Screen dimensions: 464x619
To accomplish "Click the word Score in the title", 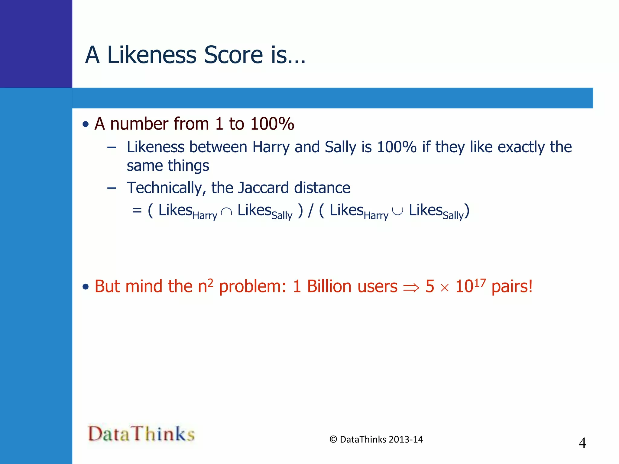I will click(233, 55).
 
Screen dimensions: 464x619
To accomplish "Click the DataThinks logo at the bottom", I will click(141, 433).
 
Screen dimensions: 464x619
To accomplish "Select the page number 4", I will click(582, 443).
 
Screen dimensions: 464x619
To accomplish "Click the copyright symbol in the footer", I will click(333, 440).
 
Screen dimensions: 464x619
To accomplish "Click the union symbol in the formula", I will click(397, 211).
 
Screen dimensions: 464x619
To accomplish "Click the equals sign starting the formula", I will click(137, 210).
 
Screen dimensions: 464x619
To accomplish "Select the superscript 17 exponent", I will click(480, 283).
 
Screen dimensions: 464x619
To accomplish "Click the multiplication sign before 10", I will click(445, 288).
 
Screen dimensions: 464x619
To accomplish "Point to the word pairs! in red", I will click(512, 287).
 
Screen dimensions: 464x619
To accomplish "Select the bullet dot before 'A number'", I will click(86, 124).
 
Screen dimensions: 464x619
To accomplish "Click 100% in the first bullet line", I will click(272, 124).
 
